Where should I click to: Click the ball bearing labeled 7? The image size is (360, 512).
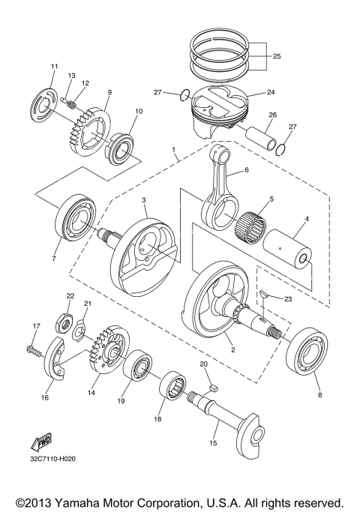coord(76,218)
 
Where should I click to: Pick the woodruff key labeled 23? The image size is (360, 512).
coord(265,294)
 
